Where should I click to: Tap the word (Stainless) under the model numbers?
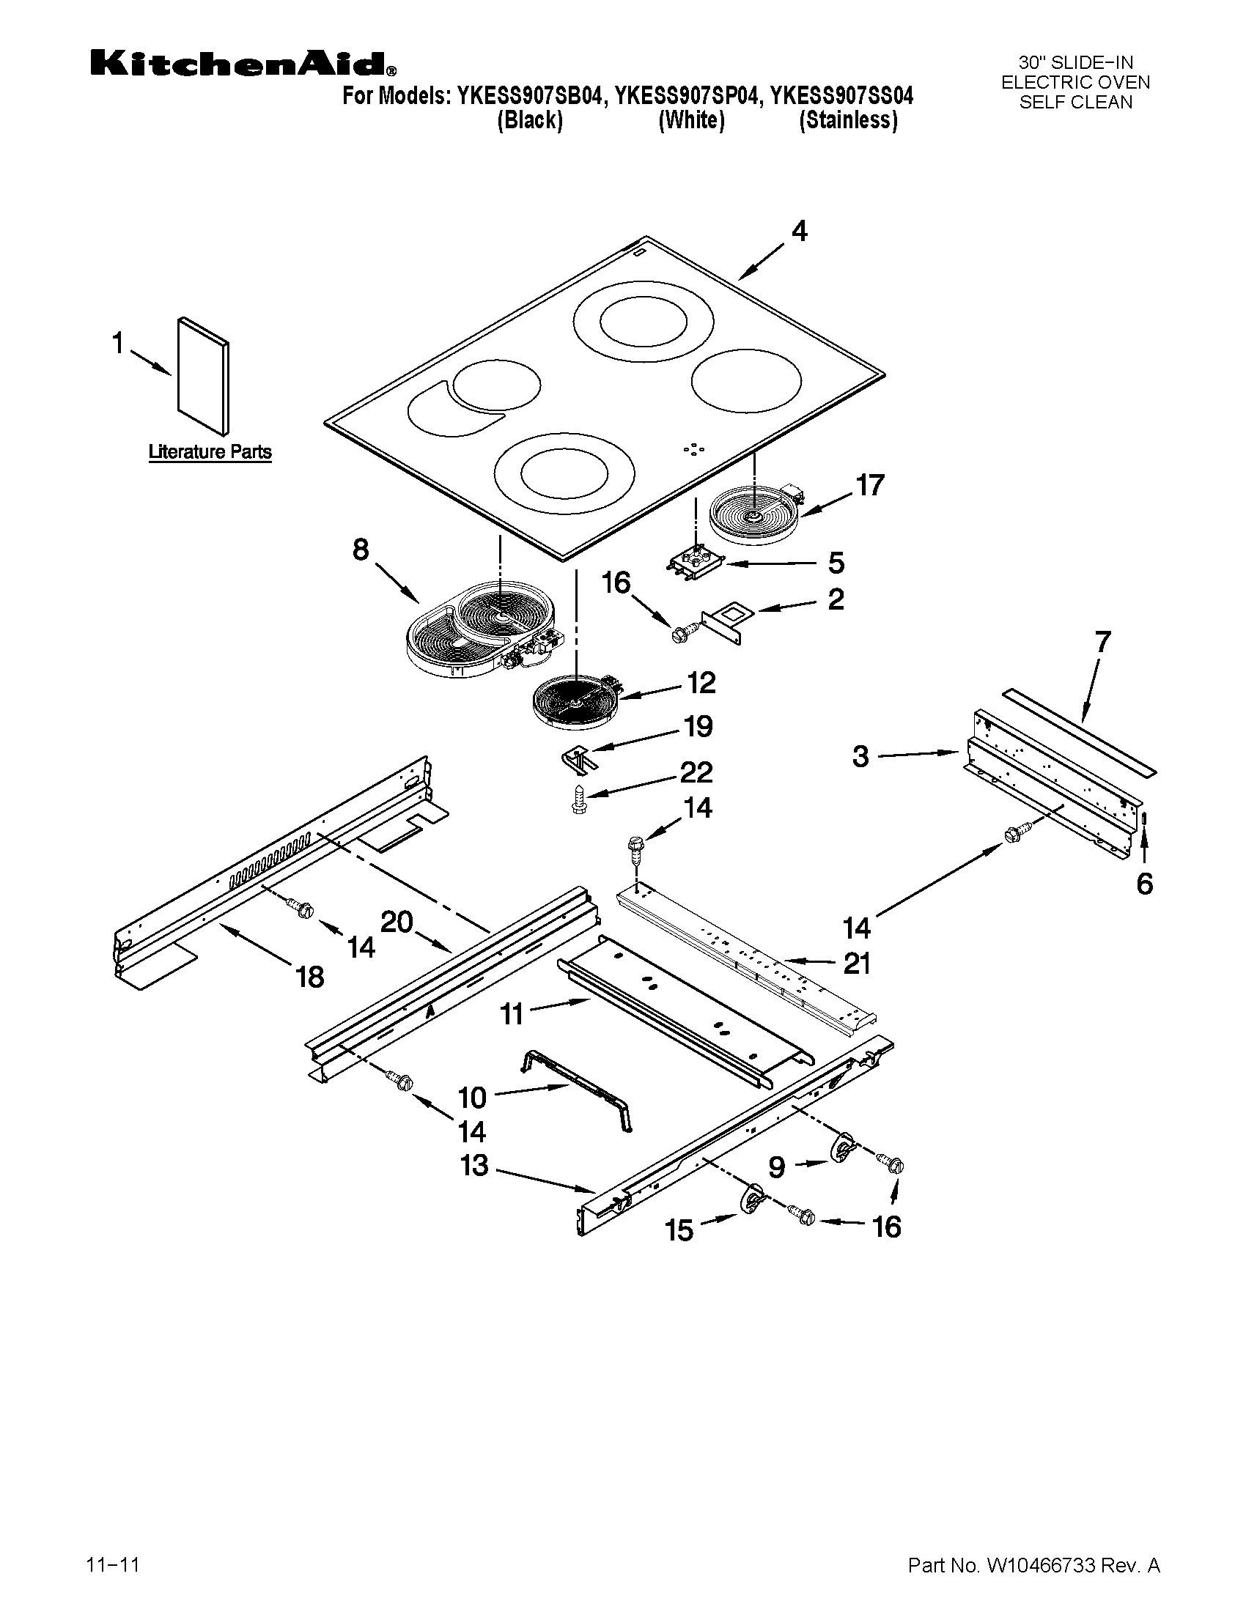point(848,120)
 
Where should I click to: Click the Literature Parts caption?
point(210,451)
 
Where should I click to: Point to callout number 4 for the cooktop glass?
point(800,232)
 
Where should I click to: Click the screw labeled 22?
point(580,799)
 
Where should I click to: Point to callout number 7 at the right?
point(1102,642)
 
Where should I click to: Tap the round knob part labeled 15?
point(751,1199)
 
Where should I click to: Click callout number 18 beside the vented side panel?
point(309,977)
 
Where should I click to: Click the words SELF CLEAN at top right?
point(1075,103)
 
